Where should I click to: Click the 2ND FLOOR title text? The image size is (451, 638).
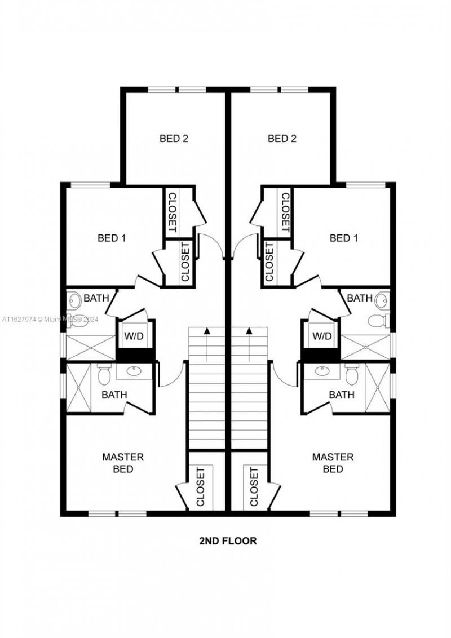228,541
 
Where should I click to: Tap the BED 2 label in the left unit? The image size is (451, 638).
174,138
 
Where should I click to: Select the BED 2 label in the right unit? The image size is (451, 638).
282,138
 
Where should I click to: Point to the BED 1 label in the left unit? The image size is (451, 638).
112,238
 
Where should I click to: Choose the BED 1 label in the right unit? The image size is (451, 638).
344,238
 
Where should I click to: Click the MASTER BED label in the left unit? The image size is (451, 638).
123,462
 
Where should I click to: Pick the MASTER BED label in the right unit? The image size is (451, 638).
333,462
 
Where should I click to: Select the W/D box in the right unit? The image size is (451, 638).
322,336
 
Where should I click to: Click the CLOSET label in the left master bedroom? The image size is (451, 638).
201,486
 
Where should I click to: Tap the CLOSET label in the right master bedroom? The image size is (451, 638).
254,486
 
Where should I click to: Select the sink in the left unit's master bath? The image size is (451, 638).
134,371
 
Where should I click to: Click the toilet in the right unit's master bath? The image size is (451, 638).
352,374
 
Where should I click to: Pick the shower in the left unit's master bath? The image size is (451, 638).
78,388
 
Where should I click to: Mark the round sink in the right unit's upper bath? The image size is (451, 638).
382,300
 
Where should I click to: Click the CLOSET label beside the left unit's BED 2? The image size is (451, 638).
172,212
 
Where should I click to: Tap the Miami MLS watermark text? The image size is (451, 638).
51,320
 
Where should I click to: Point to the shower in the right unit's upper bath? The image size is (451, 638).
365,347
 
